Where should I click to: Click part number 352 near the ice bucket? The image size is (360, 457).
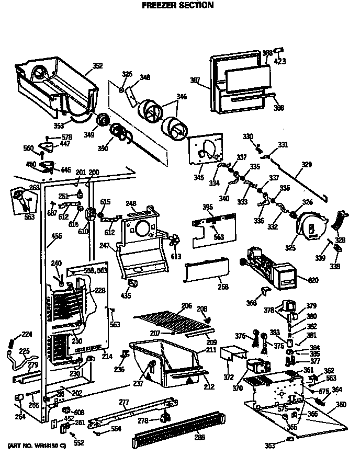point(97,66)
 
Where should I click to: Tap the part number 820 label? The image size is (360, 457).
point(313,281)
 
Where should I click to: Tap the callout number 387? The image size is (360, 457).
point(195,80)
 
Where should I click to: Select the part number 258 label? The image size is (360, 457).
point(223,288)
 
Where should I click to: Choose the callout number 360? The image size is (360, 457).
point(341,405)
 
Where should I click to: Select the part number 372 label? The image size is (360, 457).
point(229,377)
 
